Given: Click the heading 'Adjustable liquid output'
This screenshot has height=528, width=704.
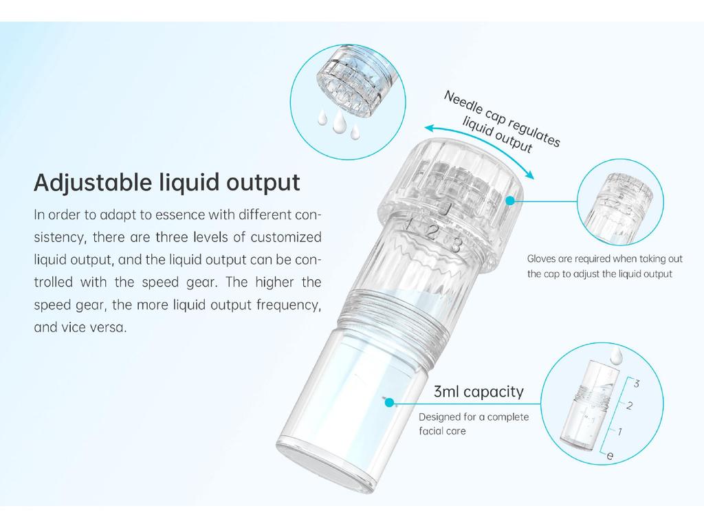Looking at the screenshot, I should (167, 184).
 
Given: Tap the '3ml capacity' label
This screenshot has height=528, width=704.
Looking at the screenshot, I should (478, 393).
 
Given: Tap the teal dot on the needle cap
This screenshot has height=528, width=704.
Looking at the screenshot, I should (509, 200).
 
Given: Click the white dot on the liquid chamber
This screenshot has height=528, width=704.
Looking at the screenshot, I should (389, 402).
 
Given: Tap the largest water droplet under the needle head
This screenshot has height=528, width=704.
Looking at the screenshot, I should (338, 123).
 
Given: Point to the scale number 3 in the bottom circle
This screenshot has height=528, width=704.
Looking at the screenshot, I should (637, 384).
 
